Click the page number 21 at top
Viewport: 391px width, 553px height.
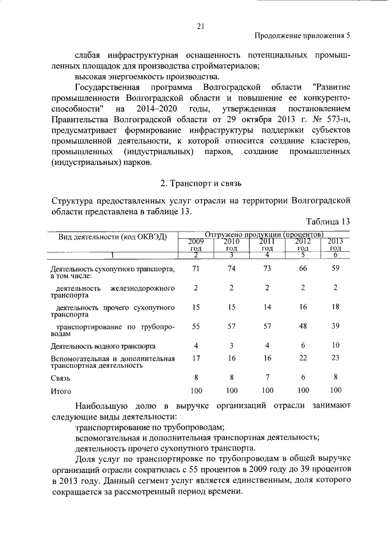200,26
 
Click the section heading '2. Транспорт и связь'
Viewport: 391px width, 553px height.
202,183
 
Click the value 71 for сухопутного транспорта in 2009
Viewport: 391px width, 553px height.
195,269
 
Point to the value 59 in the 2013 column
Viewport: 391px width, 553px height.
335,269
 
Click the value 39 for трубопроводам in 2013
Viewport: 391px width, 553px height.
335,327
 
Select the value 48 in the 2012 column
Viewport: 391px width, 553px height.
302,327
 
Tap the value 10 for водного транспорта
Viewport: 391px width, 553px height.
335,345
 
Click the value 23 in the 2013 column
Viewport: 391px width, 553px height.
335,359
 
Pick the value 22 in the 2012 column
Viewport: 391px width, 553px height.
302,359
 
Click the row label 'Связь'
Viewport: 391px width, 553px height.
61,378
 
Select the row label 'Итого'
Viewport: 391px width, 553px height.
62,390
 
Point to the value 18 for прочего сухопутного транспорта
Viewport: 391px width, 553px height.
335,307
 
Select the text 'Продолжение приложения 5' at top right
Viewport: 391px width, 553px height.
302,36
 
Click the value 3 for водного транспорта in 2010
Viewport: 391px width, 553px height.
231,345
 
